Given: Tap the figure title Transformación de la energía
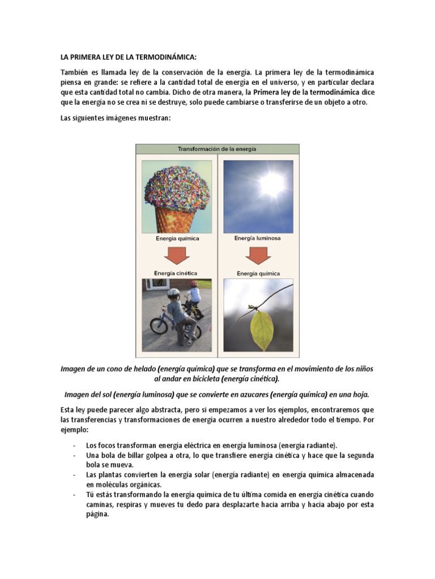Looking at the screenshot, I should [217, 149].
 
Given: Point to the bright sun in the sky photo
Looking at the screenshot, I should [272, 182].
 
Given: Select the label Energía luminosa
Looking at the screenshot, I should [258, 238].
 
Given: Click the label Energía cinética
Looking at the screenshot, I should [177, 273].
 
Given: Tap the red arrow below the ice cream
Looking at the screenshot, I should [177, 256].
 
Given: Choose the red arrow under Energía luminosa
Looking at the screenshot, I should [258, 256].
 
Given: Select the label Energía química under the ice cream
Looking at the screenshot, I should [177, 239].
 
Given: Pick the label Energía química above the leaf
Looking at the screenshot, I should [258, 273].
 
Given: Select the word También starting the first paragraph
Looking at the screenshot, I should [75, 74].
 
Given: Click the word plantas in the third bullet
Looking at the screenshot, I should [107, 474].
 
